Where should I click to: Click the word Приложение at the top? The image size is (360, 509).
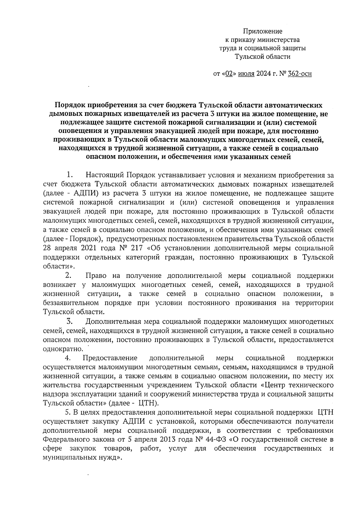(262, 31)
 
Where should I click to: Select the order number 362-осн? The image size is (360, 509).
(299, 73)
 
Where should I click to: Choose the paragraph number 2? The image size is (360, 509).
(68, 276)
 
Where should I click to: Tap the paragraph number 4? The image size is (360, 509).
(68, 358)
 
